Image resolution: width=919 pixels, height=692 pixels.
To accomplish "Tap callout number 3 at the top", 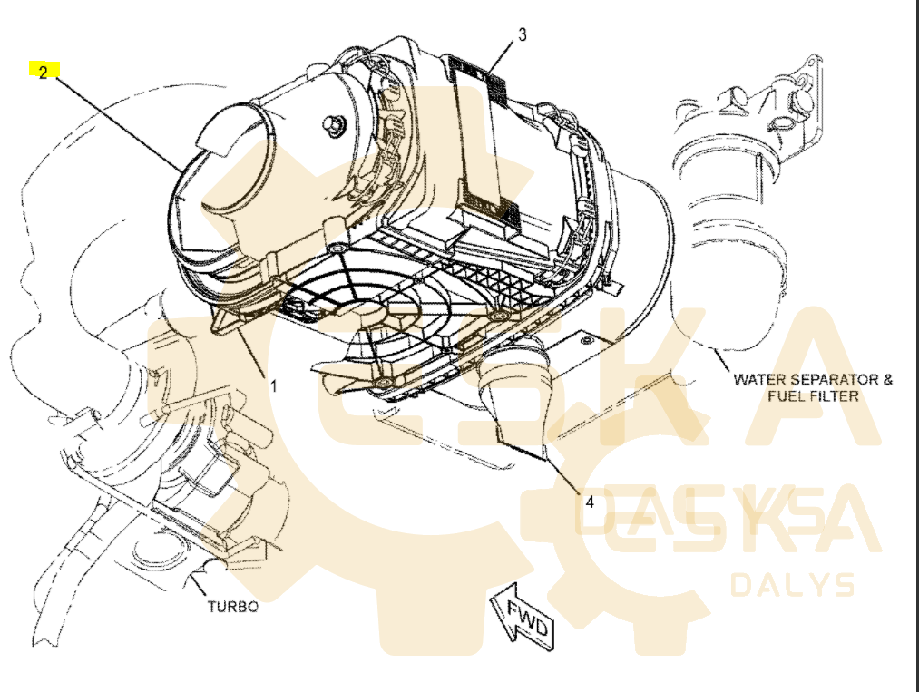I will tap(523, 34).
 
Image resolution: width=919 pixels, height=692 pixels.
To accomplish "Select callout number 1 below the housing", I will tap(273, 385).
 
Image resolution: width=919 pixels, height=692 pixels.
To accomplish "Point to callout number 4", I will tap(589, 501).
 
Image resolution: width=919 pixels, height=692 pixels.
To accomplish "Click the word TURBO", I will tap(232, 606).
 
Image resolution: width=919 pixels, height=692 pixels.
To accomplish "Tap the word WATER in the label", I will tap(758, 379).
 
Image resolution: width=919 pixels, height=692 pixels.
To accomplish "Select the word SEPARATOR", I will tap(828, 379).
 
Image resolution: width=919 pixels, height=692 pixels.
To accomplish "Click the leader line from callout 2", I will tap(118, 122).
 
